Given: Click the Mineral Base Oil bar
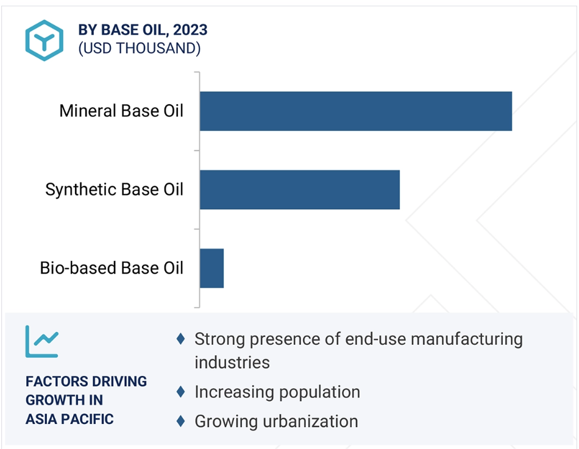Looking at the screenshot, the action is click(356, 111).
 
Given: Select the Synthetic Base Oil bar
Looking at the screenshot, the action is click(300, 190).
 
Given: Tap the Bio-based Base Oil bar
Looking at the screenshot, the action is click(212, 269).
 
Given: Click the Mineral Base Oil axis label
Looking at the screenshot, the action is click(121, 111).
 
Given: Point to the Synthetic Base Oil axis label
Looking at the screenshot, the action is click(114, 189).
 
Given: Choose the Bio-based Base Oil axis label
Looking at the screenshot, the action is click(112, 268).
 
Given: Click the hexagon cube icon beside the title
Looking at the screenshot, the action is click(44, 40).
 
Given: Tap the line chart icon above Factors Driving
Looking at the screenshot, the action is click(41, 342).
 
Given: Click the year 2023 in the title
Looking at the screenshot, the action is click(190, 30).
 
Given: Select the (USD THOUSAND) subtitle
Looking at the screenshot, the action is click(139, 48).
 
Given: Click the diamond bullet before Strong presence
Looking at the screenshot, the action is click(180, 339).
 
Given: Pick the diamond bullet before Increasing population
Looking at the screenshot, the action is click(180, 392).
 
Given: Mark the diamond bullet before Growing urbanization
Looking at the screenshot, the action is click(180, 421).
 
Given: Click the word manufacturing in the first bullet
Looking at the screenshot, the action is click(467, 339).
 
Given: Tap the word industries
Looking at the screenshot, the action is click(232, 362).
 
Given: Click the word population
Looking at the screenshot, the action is click(319, 392).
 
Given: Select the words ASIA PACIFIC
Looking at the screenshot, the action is click(69, 419).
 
